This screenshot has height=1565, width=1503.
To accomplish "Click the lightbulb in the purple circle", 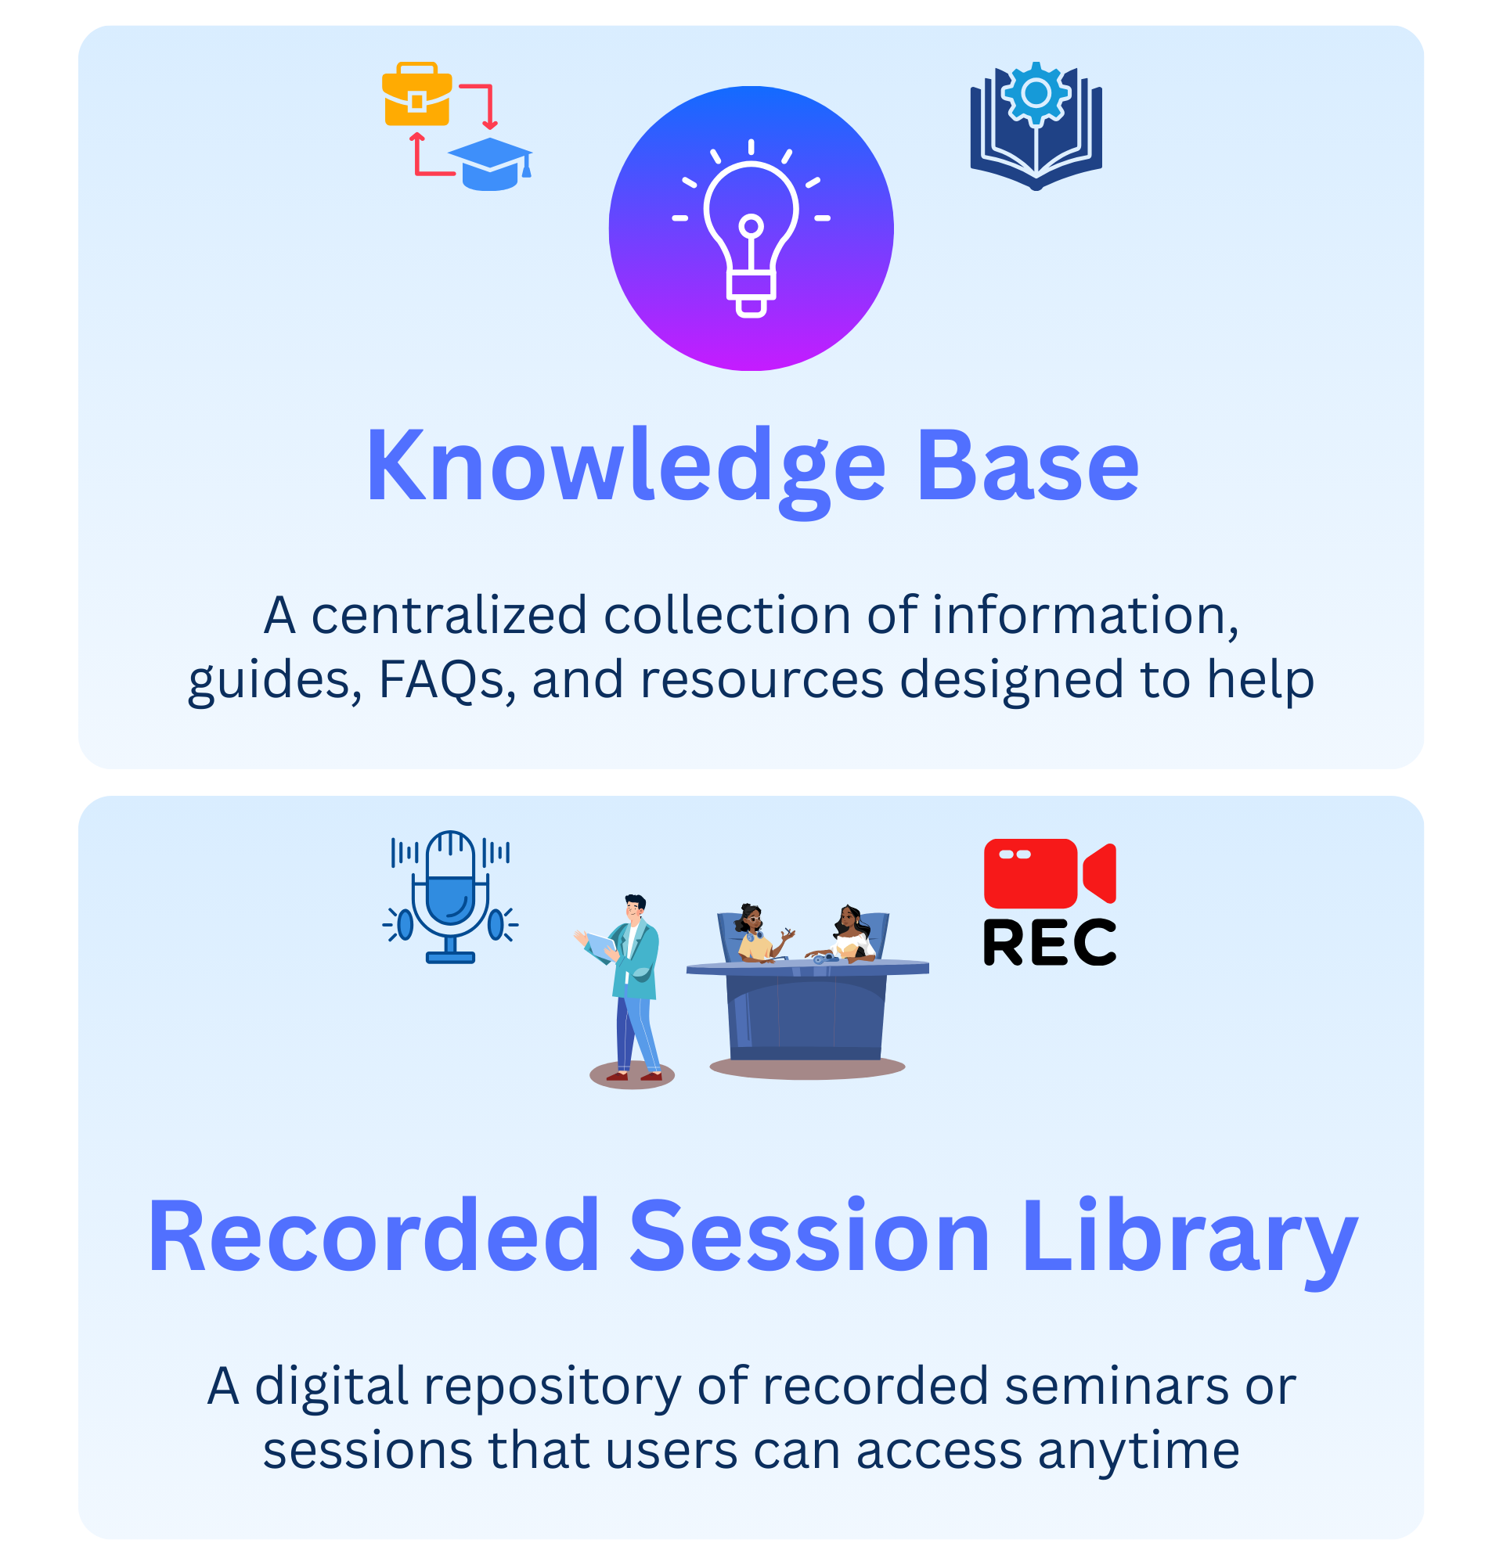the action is [751, 232].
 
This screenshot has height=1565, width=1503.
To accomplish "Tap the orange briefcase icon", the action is [417, 94].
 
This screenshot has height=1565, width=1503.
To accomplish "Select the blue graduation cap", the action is [490, 164].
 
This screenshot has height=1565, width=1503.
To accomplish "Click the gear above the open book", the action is [1036, 94].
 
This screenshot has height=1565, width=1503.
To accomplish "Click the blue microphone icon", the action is [450, 898].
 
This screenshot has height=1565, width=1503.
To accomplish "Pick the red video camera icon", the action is [1050, 873].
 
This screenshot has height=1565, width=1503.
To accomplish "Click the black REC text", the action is [1050, 942].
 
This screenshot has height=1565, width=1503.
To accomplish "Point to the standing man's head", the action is [635, 907].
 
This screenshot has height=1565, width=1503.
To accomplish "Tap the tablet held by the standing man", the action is [600, 945].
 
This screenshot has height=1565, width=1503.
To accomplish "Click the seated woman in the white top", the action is [852, 935].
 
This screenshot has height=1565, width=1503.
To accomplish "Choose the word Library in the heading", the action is [1190, 1242].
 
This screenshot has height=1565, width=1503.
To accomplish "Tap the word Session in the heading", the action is [809, 1236].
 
